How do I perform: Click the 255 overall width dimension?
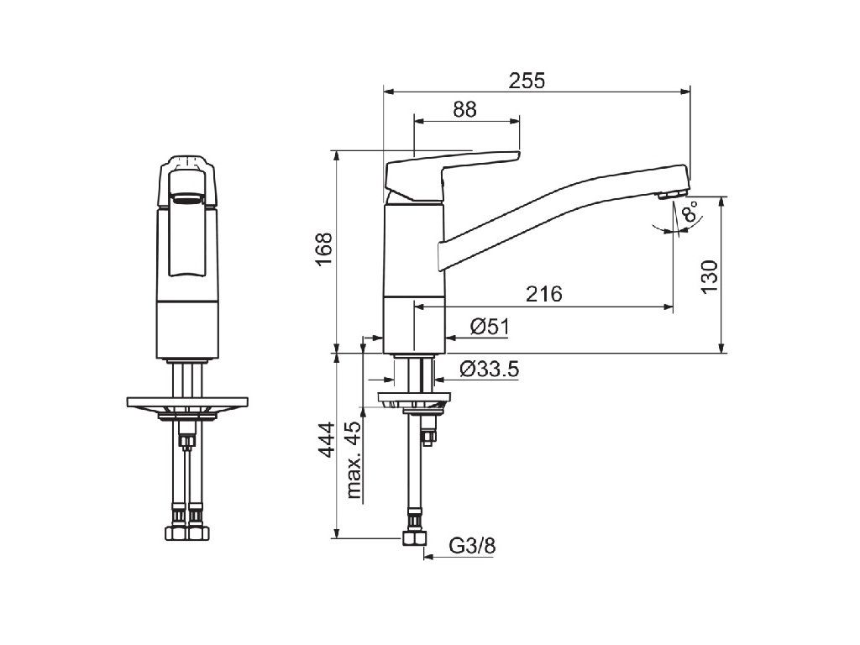point(527,81)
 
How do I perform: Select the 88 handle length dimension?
point(464,109)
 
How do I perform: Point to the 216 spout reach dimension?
point(544,294)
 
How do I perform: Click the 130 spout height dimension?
point(709,277)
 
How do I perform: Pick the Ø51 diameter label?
point(490,327)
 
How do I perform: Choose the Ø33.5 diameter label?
point(490,370)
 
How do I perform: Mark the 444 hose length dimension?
point(327,439)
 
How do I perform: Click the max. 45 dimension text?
point(354,459)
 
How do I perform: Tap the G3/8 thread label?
point(472,545)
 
